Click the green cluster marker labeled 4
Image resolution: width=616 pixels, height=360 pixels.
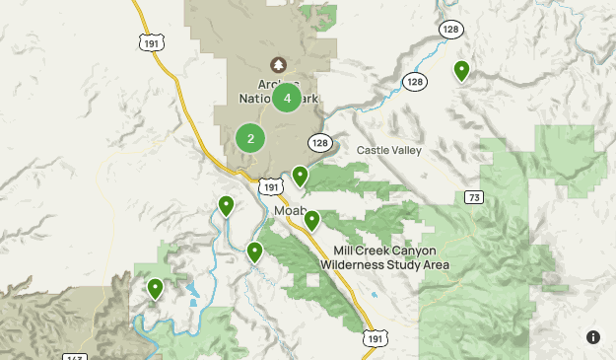point(287,98)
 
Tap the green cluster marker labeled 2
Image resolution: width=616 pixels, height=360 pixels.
point(250,138)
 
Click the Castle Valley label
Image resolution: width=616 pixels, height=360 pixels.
point(388,150)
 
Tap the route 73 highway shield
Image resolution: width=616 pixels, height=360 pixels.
point(476,198)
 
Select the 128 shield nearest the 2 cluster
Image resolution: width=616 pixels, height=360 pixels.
point(319,143)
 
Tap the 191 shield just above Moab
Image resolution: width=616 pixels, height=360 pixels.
point(272,186)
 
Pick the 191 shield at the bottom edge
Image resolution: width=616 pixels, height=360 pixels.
point(374,338)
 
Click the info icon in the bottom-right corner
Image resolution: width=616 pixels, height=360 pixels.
point(593,337)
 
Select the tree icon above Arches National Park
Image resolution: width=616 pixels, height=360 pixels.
point(279,64)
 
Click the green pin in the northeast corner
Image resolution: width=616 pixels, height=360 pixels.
point(461,70)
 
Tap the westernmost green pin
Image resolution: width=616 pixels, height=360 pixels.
point(155,288)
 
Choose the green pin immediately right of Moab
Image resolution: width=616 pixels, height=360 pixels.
point(311,220)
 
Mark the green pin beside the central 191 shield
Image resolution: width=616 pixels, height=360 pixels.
point(300,176)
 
